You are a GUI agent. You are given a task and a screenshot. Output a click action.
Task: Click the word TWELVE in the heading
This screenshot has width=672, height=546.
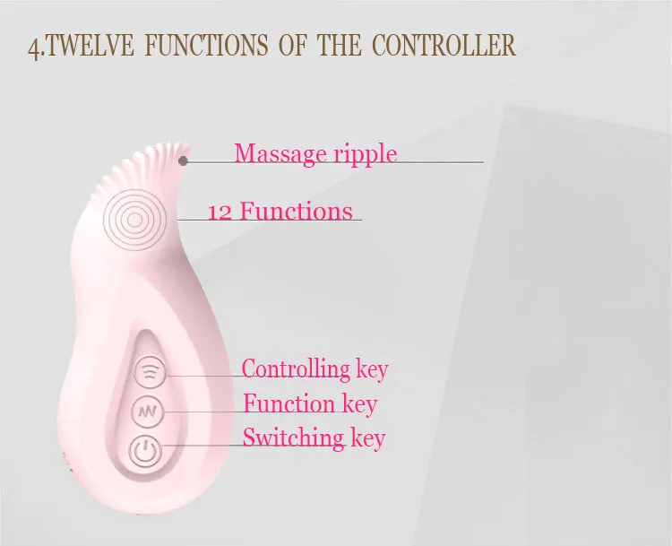coord(90,45)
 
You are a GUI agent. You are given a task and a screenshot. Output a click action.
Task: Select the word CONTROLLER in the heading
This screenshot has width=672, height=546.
coord(444,45)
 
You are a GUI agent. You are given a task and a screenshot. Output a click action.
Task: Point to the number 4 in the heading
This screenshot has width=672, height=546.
coord(34,48)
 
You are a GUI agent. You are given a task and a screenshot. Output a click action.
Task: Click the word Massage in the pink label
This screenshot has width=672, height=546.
coord(280,154)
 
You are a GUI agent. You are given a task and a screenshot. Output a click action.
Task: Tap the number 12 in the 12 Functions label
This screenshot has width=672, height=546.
coord(220,212)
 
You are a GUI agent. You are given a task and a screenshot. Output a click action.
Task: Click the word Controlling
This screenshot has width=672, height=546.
coord(296,368)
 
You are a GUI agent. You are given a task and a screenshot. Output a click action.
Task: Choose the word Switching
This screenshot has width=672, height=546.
coord(294,438)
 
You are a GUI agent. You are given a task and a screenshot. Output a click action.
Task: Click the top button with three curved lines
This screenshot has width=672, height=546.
coord(149,371)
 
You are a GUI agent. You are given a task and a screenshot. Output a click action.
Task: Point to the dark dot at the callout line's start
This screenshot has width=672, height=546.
coord(184,160)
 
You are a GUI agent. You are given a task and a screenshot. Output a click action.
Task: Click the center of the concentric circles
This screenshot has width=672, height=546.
coord(134,220)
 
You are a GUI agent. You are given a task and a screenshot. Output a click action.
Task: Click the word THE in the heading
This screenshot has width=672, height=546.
coord(339,45)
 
